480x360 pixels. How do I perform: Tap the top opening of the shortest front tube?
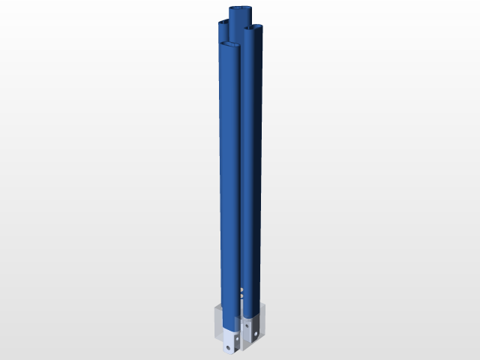(229, 46)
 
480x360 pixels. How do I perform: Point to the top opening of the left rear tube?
(223, 25)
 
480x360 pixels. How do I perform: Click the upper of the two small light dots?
(241, 289)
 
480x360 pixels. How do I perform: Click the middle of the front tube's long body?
(229, 187)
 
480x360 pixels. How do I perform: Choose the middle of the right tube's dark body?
(253, 165)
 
